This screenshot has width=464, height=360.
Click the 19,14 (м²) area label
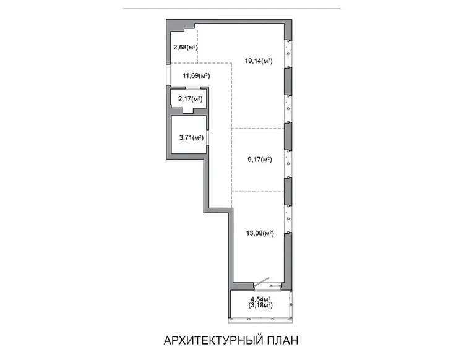pos(259,61)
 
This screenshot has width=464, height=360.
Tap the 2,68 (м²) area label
pos(185,47)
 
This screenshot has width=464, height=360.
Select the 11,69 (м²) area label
pos(196,75)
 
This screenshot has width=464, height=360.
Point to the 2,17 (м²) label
pos(191,99)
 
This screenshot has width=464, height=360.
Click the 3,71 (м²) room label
pos(191,137)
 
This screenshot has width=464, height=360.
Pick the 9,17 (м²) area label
pos(259,160)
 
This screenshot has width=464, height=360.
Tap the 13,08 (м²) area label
pos(260,233)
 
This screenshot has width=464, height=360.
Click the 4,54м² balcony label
pos(260,299)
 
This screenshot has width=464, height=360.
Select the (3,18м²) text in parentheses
pos(260,305)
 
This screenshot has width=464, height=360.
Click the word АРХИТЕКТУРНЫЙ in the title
pos(213,340)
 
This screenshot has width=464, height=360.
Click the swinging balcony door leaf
pos(262,282)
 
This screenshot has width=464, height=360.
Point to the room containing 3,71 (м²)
pos(189,135)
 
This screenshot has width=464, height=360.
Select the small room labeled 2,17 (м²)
pos(189,99)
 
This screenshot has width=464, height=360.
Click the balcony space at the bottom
pos(260,304)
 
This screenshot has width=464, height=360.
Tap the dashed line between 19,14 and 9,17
pos(258,129)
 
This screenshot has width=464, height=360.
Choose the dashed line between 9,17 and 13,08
pos(258,191)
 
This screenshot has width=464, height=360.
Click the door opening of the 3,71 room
pos(208,137)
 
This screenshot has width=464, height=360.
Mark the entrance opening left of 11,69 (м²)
pos(168,75)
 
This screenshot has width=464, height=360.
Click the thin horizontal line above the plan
pos(232,9)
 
